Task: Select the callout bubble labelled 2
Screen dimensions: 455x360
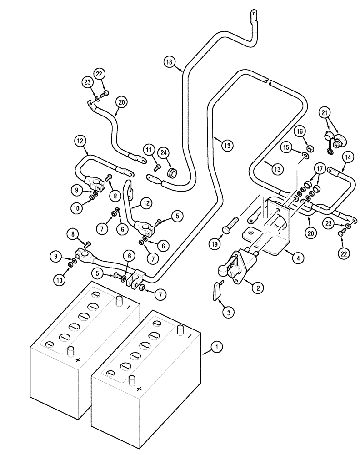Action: click(x=257, y=287)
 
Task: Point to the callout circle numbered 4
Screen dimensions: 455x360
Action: click(x=297, y=258)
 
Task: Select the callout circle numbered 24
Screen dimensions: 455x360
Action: click(x=163, y=152)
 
